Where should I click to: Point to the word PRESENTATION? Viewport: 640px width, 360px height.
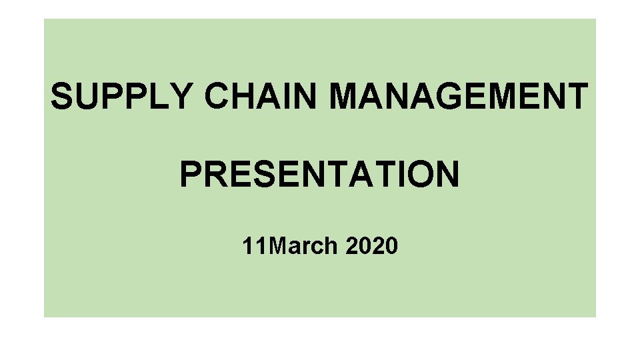(x=319, y=175)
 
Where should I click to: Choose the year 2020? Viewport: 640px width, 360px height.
(x=372, y=247)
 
